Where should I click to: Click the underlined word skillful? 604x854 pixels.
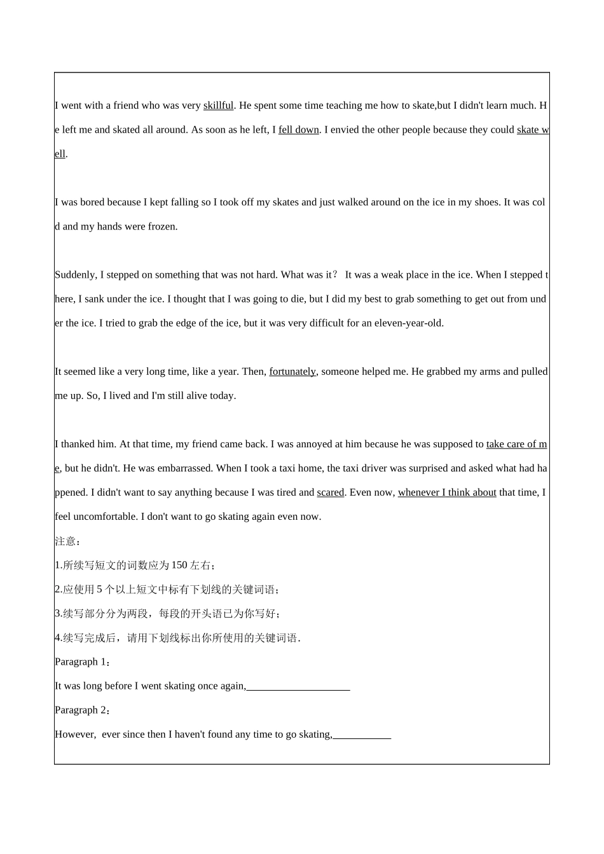[x=218, y=105]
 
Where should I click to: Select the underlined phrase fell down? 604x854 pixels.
[x=298, y=130]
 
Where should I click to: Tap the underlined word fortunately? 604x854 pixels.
[x=292, y=372]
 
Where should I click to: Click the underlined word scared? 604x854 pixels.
[x=330, y=492]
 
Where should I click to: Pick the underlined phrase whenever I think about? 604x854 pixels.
[x=447, y=492]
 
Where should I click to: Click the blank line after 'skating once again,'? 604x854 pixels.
[x=298, y=687]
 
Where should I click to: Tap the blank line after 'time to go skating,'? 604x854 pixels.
[x=362, y=735]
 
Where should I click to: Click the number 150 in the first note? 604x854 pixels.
[x=179, y=566]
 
